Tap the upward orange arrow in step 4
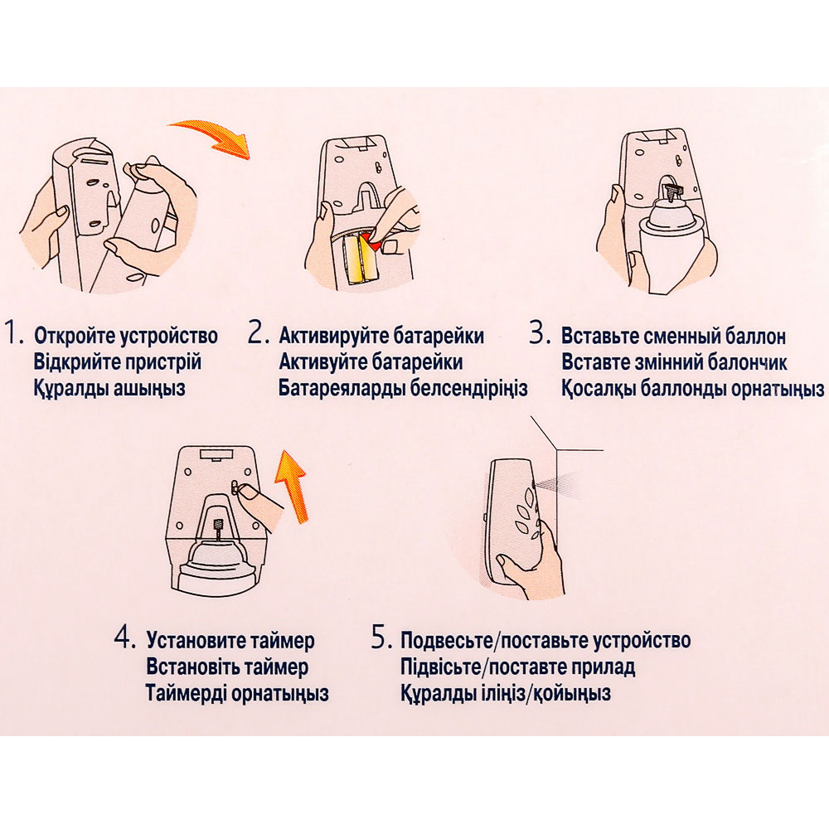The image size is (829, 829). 292,484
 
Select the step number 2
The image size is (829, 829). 259,333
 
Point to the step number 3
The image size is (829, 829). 541,333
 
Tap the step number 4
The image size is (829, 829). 125,638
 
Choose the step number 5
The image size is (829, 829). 381,638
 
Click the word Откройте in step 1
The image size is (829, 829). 75,337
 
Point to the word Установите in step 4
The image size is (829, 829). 198,641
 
